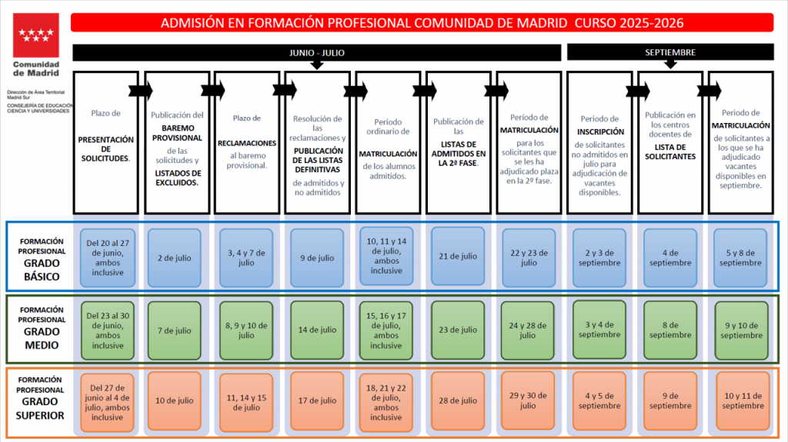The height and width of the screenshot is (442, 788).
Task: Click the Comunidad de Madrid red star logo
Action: (x=35, y=35)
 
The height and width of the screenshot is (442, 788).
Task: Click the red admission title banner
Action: (x=422, y=22)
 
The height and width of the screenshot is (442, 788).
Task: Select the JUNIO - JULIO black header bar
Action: (x=316, y=53)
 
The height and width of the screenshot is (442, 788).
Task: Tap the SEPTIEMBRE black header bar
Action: (x=670, y=52)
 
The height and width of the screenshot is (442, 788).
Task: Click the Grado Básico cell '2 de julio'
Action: (x=175, y=258)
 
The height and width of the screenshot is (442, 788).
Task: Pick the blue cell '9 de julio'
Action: (x=317, y=258)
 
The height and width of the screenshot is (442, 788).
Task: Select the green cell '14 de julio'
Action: (x=317, y=330)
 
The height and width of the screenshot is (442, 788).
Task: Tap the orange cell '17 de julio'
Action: (x=317, y=400)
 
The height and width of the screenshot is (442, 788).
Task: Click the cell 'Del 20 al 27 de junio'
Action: (x=108, y=258)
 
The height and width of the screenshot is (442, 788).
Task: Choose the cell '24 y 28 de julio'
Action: (x=528, y=330)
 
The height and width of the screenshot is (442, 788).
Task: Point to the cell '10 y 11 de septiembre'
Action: (x=743, y=400)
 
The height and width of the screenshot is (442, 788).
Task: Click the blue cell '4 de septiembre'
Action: (x=670, y=258)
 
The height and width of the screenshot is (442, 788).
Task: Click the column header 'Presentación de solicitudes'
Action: (x=106, y=143)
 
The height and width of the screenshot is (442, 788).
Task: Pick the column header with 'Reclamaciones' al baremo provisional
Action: (x=247, y=143)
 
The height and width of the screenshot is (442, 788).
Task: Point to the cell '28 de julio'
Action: (x=458, y=400)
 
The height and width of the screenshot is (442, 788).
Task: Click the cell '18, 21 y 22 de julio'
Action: (x=386, y=402)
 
